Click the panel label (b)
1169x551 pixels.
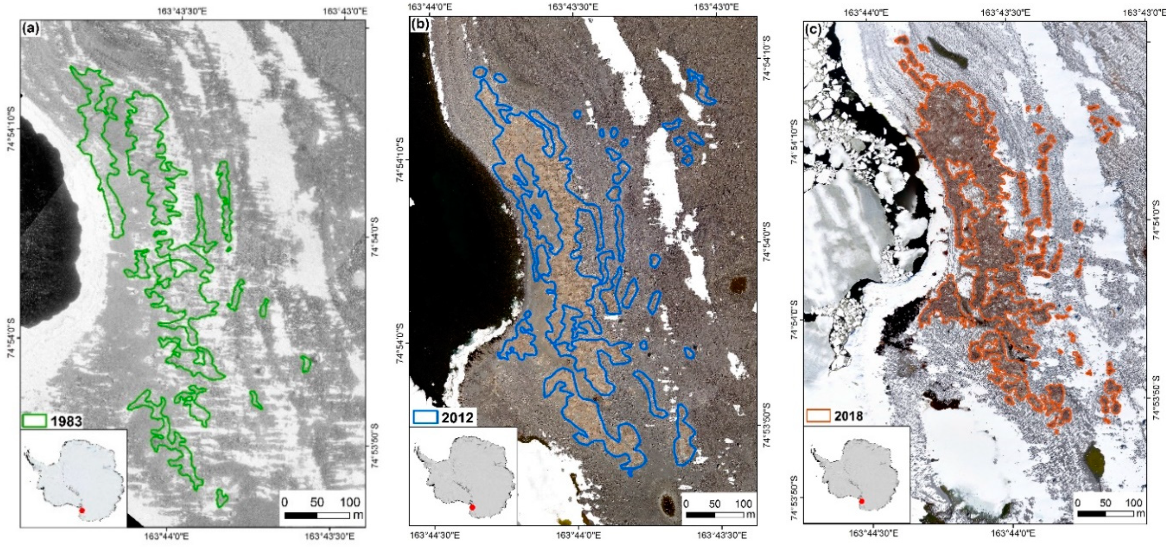(x=420, y=25)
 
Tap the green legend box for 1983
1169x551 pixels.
(x=34, y=421)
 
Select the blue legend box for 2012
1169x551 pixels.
(x=425, y=417)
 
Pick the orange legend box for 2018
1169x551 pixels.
(x=819, y=416)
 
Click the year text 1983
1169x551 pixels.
(x=66, y=421)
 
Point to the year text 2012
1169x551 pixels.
(x=458, y=417)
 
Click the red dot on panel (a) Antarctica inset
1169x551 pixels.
(x=82, y=510)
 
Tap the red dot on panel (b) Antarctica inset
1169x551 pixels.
(x=473, y=507)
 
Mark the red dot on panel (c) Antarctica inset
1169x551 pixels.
(x=862, y=501)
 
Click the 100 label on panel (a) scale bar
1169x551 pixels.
(x=350, y=502)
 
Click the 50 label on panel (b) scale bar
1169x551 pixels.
(x=714, y=503)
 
